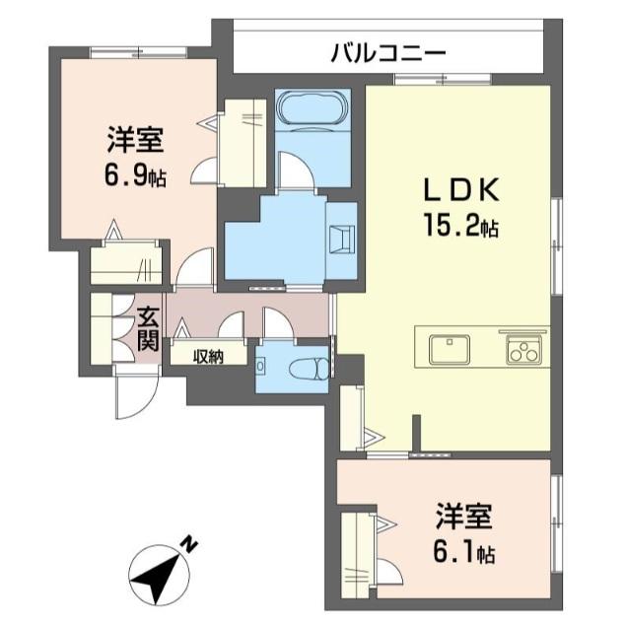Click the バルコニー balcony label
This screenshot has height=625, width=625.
(x=388, y=50)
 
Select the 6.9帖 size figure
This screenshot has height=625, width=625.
(x=134, y=176)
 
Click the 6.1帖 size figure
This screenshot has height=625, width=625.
(x=464, y=554)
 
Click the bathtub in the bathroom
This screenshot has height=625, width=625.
(x=310, y=107)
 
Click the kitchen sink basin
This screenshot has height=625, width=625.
(x=449, y=349)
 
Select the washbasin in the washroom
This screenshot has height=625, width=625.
(x=341, y=239)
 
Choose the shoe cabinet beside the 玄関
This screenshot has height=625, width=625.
(x=103, y=329)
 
